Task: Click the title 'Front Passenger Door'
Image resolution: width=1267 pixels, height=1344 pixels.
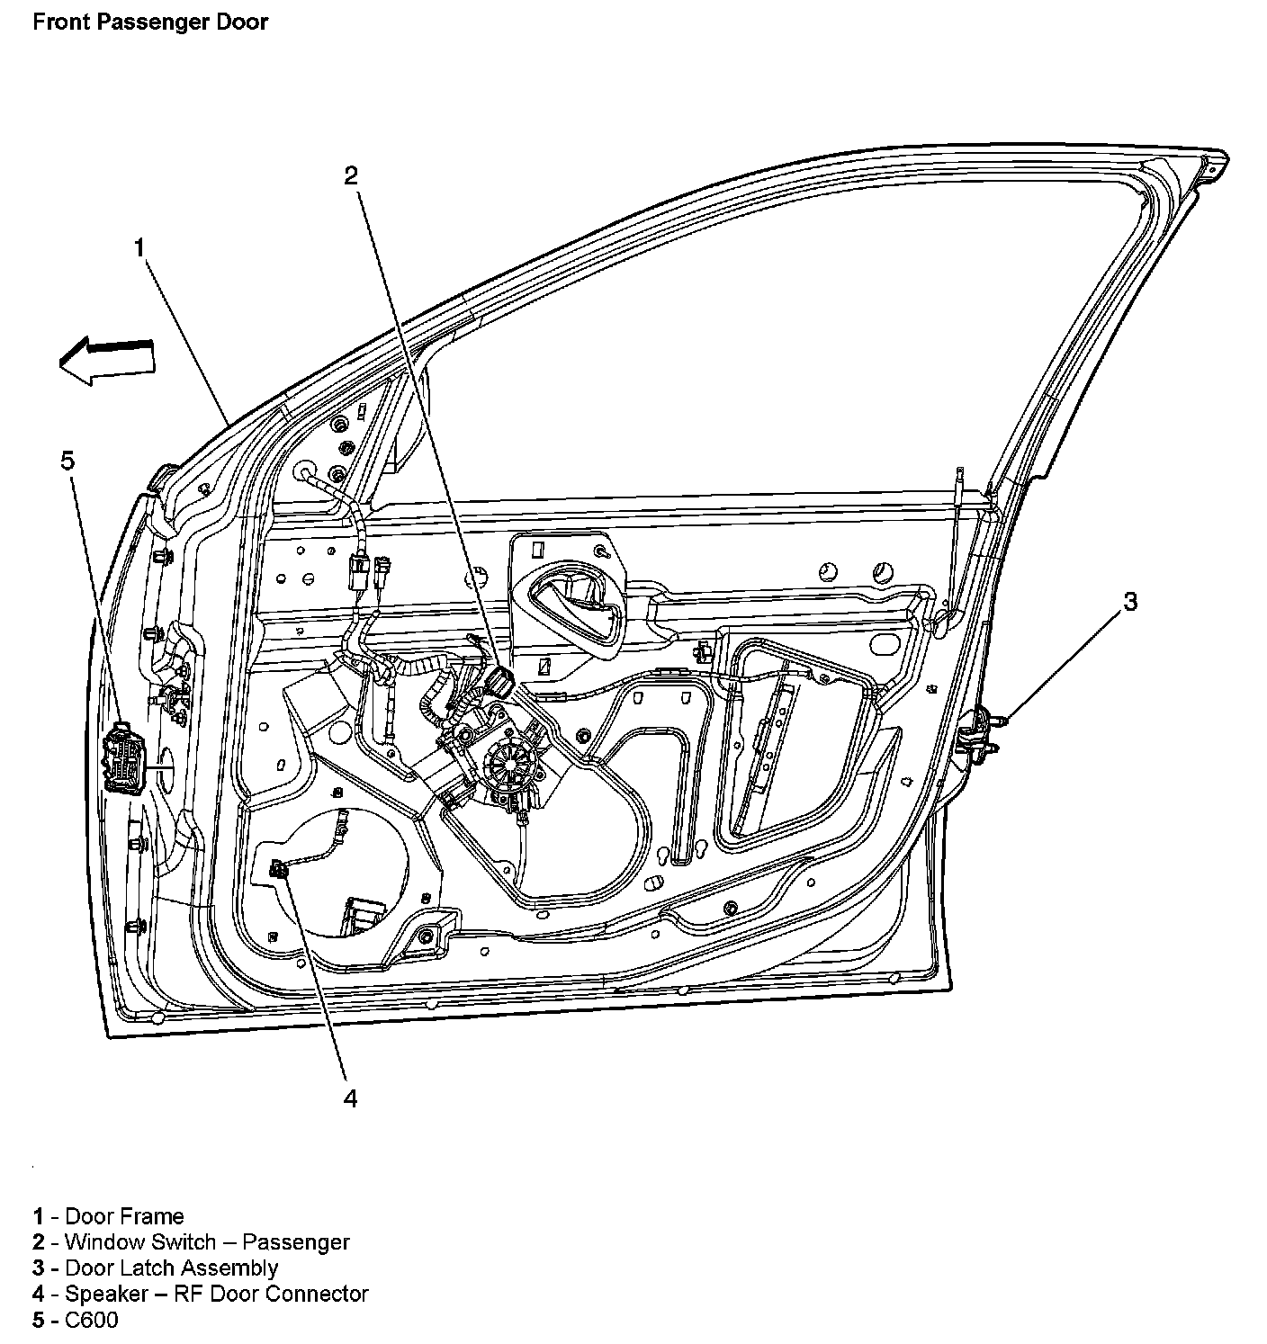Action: pyautogui.click(x=150, y=22)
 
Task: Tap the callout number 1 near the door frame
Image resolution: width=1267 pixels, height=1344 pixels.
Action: pyautogui.click(x=139, y=246)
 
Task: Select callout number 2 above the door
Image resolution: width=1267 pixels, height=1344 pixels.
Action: pyautogui.click(x=351, y=175)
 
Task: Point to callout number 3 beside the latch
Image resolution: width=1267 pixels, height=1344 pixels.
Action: pyautogui.click(x=1130, y=601)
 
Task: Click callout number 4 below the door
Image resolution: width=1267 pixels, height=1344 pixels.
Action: pyautogui.click(x=350, y=1098)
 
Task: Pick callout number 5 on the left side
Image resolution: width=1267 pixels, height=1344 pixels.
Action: pyautogui.click(x=67, y=461)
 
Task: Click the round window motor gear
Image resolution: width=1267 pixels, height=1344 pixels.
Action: pyautogui.click(x=508, y=767)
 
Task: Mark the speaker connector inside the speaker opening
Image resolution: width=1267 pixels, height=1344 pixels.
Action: pyautogui.click(x=281, y=869)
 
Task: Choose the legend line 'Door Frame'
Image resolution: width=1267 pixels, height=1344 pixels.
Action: pyautogui.click(x=109, y=1216)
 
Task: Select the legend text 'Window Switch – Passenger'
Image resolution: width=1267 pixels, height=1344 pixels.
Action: pyautogui.click(x=192, y=1242)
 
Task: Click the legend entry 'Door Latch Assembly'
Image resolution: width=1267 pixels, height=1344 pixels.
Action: pyautogui.click(x=156, y=1268)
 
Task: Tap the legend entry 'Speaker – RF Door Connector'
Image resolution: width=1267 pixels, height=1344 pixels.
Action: pyautogui.click(x=202, y=1295)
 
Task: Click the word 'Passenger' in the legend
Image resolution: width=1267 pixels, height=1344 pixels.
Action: pyautogui.click(x=296, y=1242)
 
